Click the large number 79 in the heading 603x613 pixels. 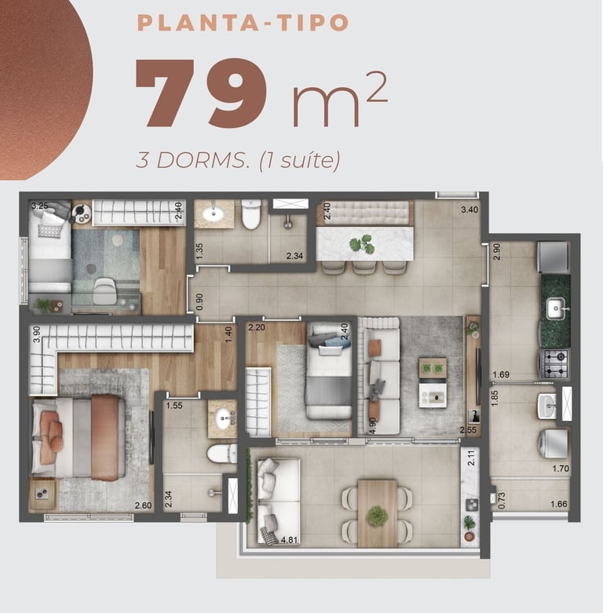(201, 94)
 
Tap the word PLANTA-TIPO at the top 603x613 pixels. (243, 23)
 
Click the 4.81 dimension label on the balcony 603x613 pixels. (289, 540)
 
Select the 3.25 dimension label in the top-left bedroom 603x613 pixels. (40, 206)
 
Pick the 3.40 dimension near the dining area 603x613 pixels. (470, 210)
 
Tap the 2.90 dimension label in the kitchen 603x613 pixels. (497, 252)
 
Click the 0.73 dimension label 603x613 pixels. (502, 501)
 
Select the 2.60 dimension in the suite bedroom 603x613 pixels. (143, 505)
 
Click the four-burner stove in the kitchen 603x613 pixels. (554, 364)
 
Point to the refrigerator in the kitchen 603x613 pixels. (554, 257)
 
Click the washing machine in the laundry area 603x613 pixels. (554, 443)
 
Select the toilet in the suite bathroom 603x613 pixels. (221, 454)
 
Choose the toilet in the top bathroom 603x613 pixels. (251, 214)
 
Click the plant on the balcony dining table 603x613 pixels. (378, 516)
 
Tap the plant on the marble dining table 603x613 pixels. (362, 244)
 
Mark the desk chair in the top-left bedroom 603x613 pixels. (104, 291)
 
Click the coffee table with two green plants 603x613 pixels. (433, 368)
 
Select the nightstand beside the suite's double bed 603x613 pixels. (42, 494)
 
